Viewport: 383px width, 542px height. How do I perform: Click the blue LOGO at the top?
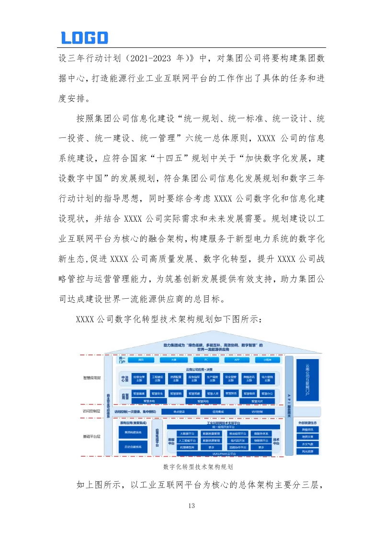[x=85, y=38]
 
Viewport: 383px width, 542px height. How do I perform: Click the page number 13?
[x=192, y=506]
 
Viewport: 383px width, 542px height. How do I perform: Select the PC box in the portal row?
[x=205, y=359]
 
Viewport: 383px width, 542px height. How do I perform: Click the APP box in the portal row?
[x=237, y=359]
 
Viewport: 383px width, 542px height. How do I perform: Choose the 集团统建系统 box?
[x=133, y=433]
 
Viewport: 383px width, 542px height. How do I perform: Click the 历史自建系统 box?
[x=133, y=447]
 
